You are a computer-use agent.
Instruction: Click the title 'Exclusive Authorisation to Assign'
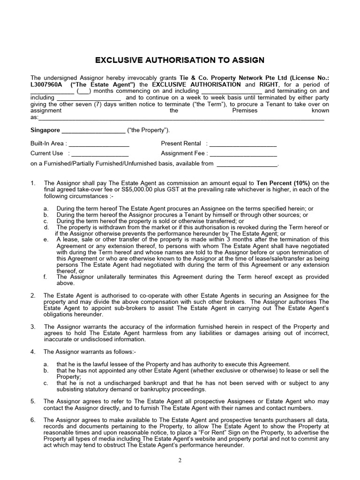point(180,60)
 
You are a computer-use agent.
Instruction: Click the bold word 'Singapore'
point(45,130)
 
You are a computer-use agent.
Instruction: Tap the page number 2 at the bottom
point(180,460)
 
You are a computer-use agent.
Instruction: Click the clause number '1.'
point(33,183)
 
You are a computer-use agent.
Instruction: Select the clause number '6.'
point(33,420)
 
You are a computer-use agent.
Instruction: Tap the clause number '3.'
point(33,327)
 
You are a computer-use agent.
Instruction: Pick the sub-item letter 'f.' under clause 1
point(45,277)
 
